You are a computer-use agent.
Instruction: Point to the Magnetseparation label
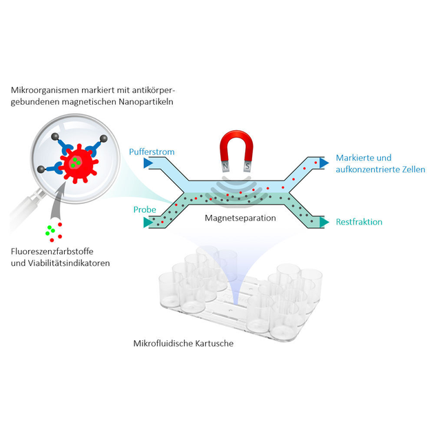[x=240, y=218]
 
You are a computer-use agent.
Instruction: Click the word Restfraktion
[x=358, y=222]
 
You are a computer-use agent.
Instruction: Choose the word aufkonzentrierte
[x=364, y=169]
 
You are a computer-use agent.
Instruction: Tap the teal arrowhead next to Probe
[x=147, y=222]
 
